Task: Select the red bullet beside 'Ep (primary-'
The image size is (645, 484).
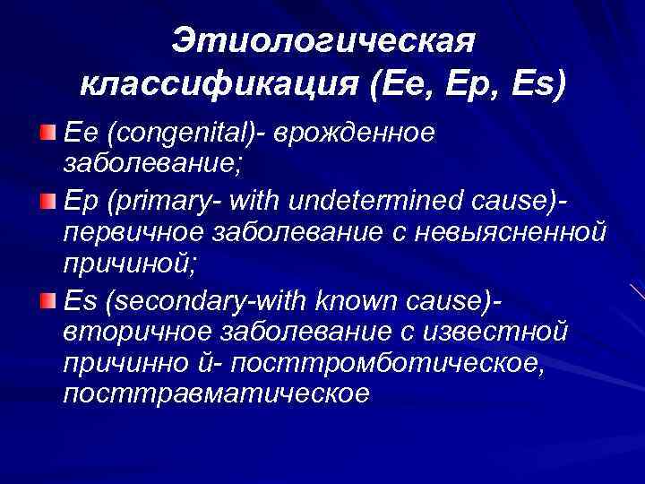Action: (x=47, y=196)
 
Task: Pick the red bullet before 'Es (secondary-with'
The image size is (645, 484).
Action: (x=47, y=298)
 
